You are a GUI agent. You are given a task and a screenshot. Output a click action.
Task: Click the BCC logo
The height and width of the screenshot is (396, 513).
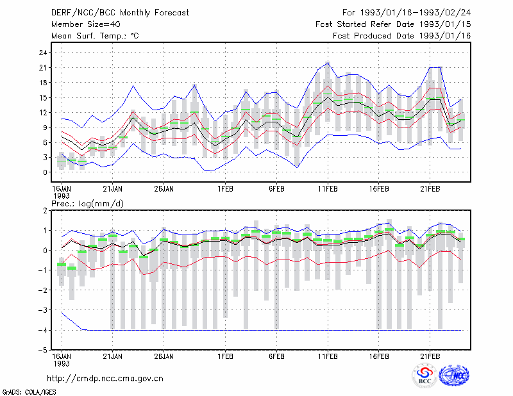tap(425, 376)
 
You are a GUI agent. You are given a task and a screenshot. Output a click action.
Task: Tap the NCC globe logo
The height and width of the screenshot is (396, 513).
tap(454, 375)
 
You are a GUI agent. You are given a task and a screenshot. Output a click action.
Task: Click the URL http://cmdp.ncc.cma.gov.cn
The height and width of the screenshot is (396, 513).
tap(105, 379)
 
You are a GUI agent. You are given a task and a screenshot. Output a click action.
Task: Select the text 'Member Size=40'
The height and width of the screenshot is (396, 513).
tap(86, 24)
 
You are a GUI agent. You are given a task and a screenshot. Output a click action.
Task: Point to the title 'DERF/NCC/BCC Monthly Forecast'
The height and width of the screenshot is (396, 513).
tap(120, 13)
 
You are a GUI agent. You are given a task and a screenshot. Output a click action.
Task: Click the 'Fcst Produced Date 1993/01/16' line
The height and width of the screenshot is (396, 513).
tap(402, 36)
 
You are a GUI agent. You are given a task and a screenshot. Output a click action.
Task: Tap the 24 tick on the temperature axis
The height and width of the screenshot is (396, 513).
tap(43, 53)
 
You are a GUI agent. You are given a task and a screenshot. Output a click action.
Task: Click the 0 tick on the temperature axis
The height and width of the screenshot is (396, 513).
tap(45, 172)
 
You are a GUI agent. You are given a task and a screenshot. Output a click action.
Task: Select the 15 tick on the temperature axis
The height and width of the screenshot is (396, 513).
tap(43, 97)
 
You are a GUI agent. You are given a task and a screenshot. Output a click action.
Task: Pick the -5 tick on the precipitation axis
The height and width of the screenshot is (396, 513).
tap(42, 351)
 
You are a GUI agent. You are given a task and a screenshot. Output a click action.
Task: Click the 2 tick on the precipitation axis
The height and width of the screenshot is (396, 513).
tap(45, 211)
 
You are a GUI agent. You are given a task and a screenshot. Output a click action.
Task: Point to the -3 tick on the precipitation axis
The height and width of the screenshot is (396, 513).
tap(42, 310)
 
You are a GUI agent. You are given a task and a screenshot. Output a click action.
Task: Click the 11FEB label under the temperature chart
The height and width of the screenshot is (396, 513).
tap(328, 189)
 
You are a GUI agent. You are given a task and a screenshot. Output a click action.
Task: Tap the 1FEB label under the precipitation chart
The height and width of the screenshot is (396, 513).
tap(225, 356)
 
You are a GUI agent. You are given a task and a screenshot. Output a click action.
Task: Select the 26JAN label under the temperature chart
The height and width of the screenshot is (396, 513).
tap(164, 189)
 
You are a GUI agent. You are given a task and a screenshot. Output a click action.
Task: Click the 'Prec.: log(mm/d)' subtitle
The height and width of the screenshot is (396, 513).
tap(87, 204)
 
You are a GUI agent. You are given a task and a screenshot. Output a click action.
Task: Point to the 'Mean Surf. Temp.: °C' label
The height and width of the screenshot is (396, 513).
tap(95, 36)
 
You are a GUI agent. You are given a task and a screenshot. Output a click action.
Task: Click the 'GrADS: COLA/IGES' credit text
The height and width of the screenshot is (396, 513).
tap(29, 392)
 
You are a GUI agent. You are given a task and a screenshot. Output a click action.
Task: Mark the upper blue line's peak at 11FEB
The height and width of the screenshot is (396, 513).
tap(328, 62)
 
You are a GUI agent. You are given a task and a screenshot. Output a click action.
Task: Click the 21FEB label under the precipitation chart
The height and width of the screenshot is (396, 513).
tap(430, 356)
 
